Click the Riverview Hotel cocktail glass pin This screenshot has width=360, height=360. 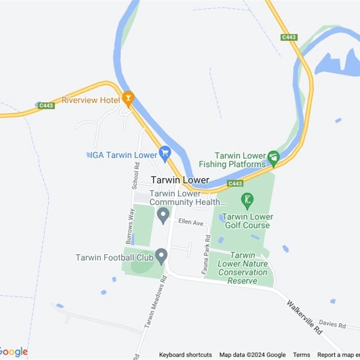tap(128, 98)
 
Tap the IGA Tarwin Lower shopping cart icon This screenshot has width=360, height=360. tap(165, 154)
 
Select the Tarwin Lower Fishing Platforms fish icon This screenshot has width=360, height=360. tap(273, 157)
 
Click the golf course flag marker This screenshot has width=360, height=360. tap(247, 199)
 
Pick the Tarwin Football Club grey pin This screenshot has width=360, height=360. tap(161, 256)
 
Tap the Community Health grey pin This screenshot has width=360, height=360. tap(163, 215)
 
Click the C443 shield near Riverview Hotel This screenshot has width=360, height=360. tap(46, 106)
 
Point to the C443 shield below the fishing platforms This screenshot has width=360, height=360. tap(235, 184)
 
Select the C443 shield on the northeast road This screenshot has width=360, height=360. tap(288, 37)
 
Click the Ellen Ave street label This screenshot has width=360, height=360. tap(191, 222)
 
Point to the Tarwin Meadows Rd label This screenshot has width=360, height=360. tap(155, 302)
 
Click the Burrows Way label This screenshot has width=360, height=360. tap(130, 226)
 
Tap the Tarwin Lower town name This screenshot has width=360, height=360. tap(180, 180)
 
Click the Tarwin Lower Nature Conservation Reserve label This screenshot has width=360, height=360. tap(243, 268)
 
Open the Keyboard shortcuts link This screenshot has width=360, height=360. tap(185, 355)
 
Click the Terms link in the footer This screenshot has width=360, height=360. tap(301, 355)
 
